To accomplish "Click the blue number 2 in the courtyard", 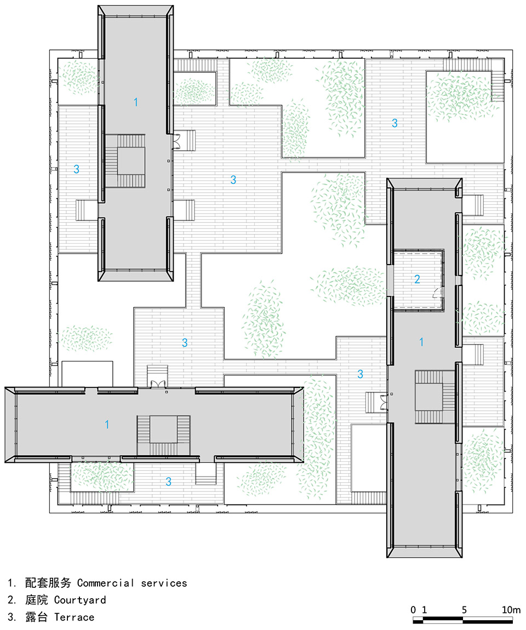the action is pos(417,279).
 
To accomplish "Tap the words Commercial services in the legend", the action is pos(132,583).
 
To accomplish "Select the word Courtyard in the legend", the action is pos(80,600).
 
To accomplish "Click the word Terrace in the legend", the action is pos(75,617).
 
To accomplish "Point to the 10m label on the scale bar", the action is pos(511,610).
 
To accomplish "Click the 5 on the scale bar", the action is pos(464,610).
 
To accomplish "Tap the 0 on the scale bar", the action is pos(413,610).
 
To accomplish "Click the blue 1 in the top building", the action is pos(136,102).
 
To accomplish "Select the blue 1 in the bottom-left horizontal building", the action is pos(107,424).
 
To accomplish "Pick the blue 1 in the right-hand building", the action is pos(421,342).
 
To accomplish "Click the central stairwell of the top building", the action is pos(125,161).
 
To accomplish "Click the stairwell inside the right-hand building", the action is pos(435,397).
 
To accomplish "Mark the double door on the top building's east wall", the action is pos(176,140).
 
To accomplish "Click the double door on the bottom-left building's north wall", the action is pos(157,383).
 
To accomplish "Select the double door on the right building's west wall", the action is pos(384,403).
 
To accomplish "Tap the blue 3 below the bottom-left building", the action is pos(168,482).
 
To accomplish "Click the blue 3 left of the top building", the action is pos(76,169).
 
